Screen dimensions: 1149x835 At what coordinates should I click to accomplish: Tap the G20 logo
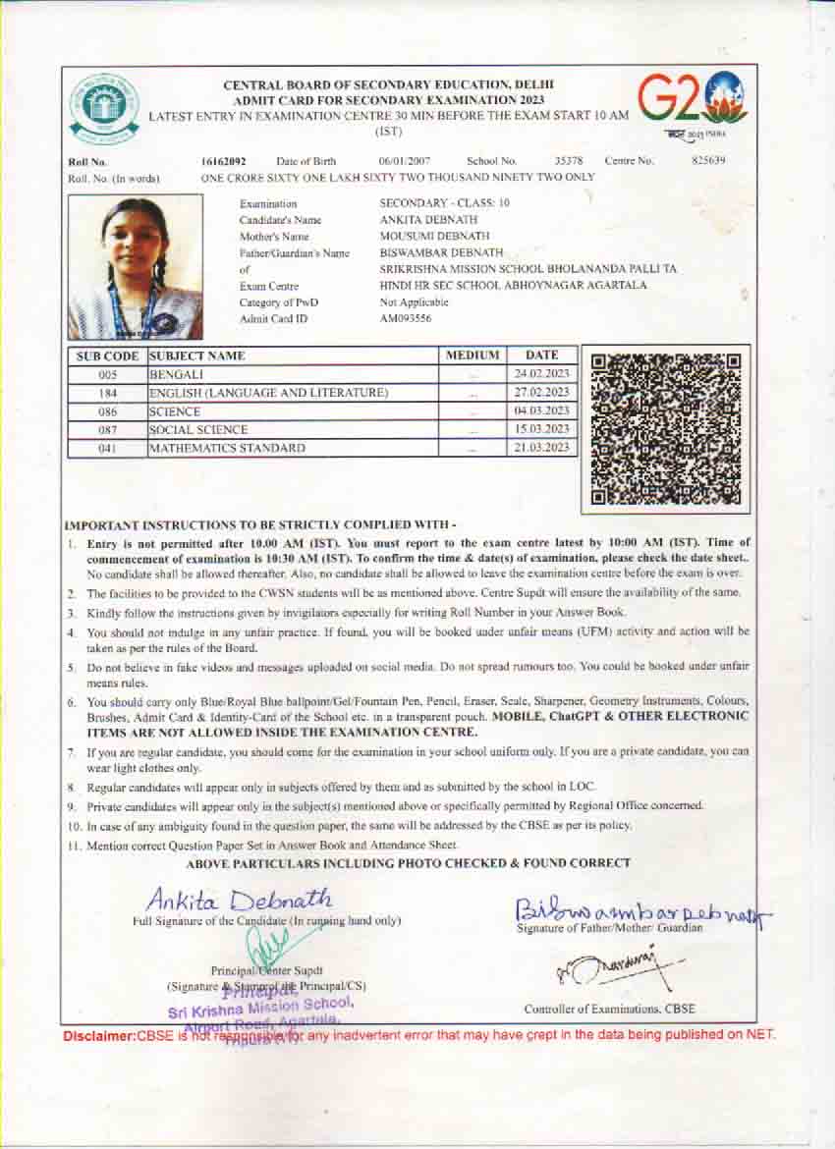click(692, 99)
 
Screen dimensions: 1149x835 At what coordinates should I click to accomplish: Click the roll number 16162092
click(224, 160)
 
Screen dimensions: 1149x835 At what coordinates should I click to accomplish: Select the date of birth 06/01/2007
click(404, 160)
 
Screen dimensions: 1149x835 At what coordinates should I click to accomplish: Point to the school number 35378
click(569, 160)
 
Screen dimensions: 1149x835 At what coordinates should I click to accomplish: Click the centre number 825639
click(708, 160)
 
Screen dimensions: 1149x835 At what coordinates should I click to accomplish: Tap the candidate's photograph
click(135, 267)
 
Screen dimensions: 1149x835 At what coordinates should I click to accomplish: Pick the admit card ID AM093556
click(406, 318)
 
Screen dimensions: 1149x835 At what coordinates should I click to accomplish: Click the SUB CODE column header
click(108, 356)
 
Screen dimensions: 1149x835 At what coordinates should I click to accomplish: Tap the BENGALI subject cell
click(177, 375)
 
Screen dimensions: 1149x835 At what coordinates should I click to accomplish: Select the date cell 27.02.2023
click(542, 393)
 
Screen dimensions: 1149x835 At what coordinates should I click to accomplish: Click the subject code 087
click(108, 430)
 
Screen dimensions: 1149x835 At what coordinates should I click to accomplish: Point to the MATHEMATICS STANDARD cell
click(227, 448)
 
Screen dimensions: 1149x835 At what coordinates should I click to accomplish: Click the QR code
click(666, 428)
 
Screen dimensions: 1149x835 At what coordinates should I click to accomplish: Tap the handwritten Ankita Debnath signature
click(239, 899)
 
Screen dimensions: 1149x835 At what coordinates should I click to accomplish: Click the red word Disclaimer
click(99, 1035)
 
